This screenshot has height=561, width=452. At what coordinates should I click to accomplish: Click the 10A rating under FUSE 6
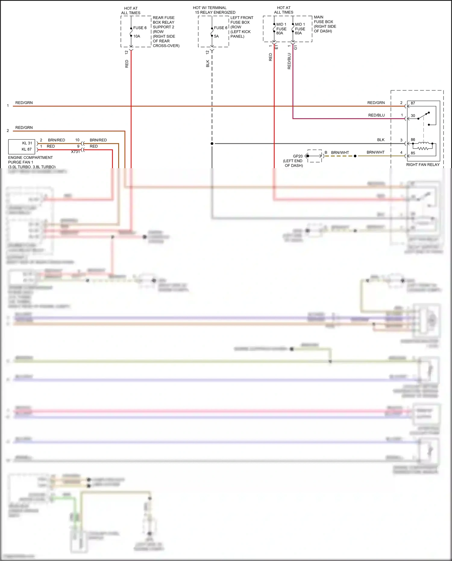tap(137, 36)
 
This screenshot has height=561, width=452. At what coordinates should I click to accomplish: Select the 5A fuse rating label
tap(216, 36)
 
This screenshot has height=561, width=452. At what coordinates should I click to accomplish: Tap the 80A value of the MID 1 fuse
tap(280, 33)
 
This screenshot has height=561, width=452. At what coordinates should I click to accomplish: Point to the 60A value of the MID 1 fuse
tap(298, 33)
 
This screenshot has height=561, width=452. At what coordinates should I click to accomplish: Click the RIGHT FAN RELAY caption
tap(423, 165)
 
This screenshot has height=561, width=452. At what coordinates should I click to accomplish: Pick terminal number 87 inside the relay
tap(413, 103)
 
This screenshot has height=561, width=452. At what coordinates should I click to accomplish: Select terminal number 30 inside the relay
tap(413, 115)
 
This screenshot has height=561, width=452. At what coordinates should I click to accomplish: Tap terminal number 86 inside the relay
tap(413, 140)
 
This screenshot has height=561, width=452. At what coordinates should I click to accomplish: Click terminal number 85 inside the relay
tap(413, 153)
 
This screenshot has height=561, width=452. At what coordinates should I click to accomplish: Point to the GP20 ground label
tap(298, 156)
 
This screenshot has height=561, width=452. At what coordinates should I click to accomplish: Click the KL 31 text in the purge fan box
tap(27, 143)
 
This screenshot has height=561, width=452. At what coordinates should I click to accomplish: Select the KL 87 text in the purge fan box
tap(27, 149)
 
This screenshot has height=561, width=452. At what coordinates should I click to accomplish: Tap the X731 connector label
tap(75, 152)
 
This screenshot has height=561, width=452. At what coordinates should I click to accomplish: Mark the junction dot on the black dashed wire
tap(212, 143)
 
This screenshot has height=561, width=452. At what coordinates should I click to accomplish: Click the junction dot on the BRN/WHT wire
tap(355, 156)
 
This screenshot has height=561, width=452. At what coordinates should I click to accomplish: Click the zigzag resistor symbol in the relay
tap(423, 148)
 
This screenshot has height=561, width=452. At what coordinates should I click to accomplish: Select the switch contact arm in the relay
tap(423, 116)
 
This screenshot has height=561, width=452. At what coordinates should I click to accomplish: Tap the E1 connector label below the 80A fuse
tap(277, 47)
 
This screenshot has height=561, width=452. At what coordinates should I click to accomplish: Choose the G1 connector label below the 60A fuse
tap(296, 47)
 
